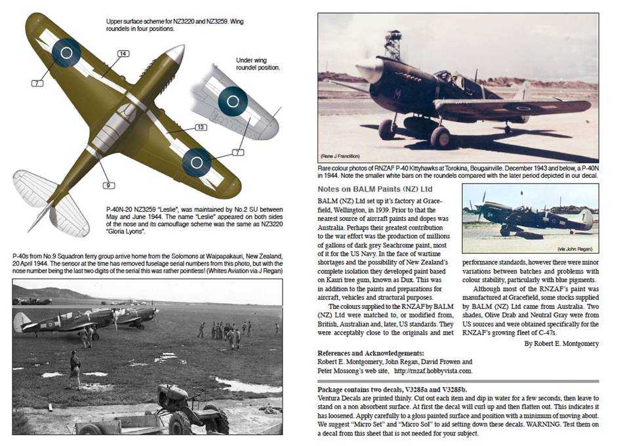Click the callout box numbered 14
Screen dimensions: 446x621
(122, 54)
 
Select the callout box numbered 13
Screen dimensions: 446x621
(200, 127)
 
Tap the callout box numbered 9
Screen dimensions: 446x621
(105, 185)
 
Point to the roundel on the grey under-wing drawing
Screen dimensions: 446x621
(232, 99)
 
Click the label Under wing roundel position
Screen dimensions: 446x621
(258, 64)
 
